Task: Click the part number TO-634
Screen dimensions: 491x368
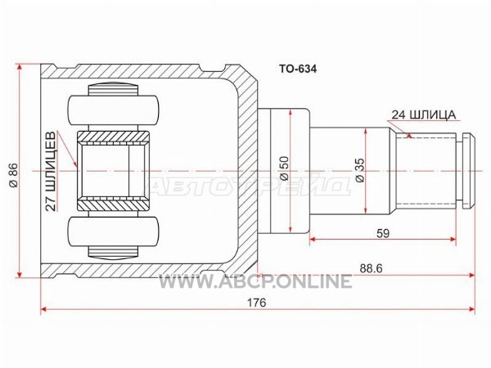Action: point(298,69)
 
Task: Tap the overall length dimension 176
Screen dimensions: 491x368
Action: point(257,303)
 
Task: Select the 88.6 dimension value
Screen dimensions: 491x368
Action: point(371,268)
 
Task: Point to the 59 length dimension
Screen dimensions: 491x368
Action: point(383,233)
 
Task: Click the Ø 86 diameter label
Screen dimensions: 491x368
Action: point(14,175)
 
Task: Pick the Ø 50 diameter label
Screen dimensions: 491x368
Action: point(284,168)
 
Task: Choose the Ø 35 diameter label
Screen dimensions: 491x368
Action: point(360,170)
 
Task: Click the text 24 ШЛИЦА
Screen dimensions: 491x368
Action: point(424,114)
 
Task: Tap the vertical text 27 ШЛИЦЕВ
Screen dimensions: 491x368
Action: point(51,171)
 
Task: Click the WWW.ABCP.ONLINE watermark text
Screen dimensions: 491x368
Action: point(255,281)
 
